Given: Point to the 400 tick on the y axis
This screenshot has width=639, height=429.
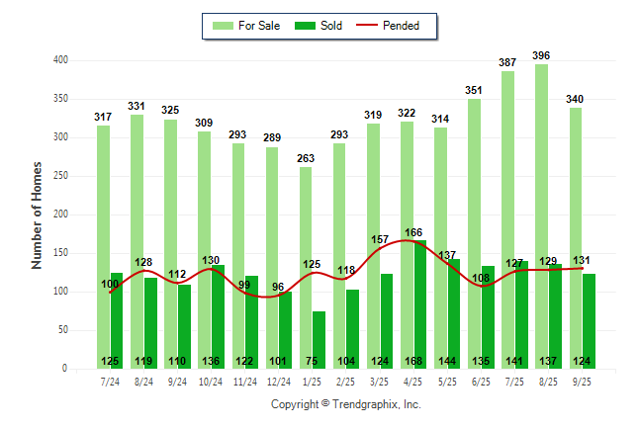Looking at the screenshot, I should [x=60, y=60].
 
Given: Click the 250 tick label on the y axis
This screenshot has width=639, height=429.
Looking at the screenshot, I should [x=60, y=176].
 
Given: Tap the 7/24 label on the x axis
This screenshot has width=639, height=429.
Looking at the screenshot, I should [x=110, y=381].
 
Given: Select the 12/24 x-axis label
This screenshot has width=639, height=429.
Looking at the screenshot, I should [x=279, y=381].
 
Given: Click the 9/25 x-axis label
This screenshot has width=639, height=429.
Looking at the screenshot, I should [x=582, y=381].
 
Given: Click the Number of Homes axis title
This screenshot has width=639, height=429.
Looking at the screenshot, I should [x=37, y=214].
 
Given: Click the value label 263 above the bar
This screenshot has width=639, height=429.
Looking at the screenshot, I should [x=307, y=158].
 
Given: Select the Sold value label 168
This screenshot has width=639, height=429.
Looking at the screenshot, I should [x=413, y=361].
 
